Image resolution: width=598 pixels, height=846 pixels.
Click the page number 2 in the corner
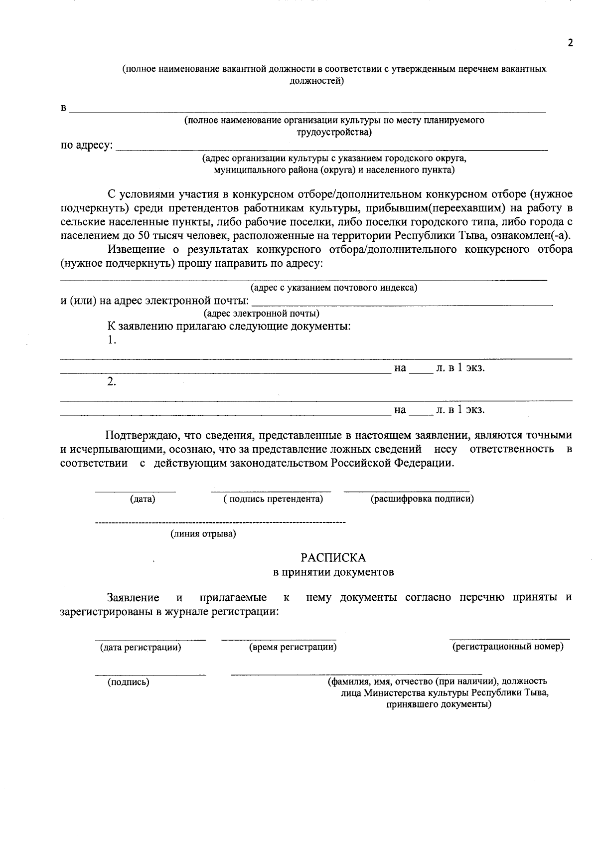coord(571,43)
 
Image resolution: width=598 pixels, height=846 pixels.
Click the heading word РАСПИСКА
coord(333,557)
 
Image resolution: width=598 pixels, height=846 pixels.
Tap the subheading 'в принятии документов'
coord(333,572)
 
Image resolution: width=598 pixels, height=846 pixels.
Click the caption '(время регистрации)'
coord(293,647)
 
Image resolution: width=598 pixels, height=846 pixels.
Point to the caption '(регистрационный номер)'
coord(508,647)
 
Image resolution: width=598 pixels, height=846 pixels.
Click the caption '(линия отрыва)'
coord(203,534)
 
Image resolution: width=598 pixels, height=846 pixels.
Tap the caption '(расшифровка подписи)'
coord(422,499)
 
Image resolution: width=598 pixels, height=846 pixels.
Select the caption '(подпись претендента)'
coord(273,499)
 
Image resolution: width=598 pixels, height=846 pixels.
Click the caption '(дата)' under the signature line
coord(143,499)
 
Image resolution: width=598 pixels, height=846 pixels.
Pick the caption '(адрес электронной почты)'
coord(261,314)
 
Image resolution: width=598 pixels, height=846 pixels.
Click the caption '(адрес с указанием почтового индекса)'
coord(333,288)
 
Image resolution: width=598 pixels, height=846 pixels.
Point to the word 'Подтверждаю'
coord(143,435)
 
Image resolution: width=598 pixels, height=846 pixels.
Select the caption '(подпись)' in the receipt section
coord(128,682)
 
